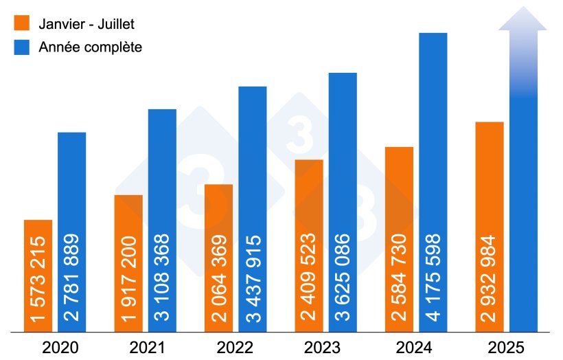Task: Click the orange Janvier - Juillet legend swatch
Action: click(x=23, y=23)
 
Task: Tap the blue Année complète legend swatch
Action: click(x=23, y=47)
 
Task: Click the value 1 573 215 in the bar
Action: click(x=38, y=279)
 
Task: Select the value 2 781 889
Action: click(x=72, y=279)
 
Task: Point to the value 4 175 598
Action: click(x=433, y=279)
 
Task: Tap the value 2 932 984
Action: click(x=490, y=279)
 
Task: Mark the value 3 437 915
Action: click(x=253, y=279)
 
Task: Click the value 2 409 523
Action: click(x=309, y=279)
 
